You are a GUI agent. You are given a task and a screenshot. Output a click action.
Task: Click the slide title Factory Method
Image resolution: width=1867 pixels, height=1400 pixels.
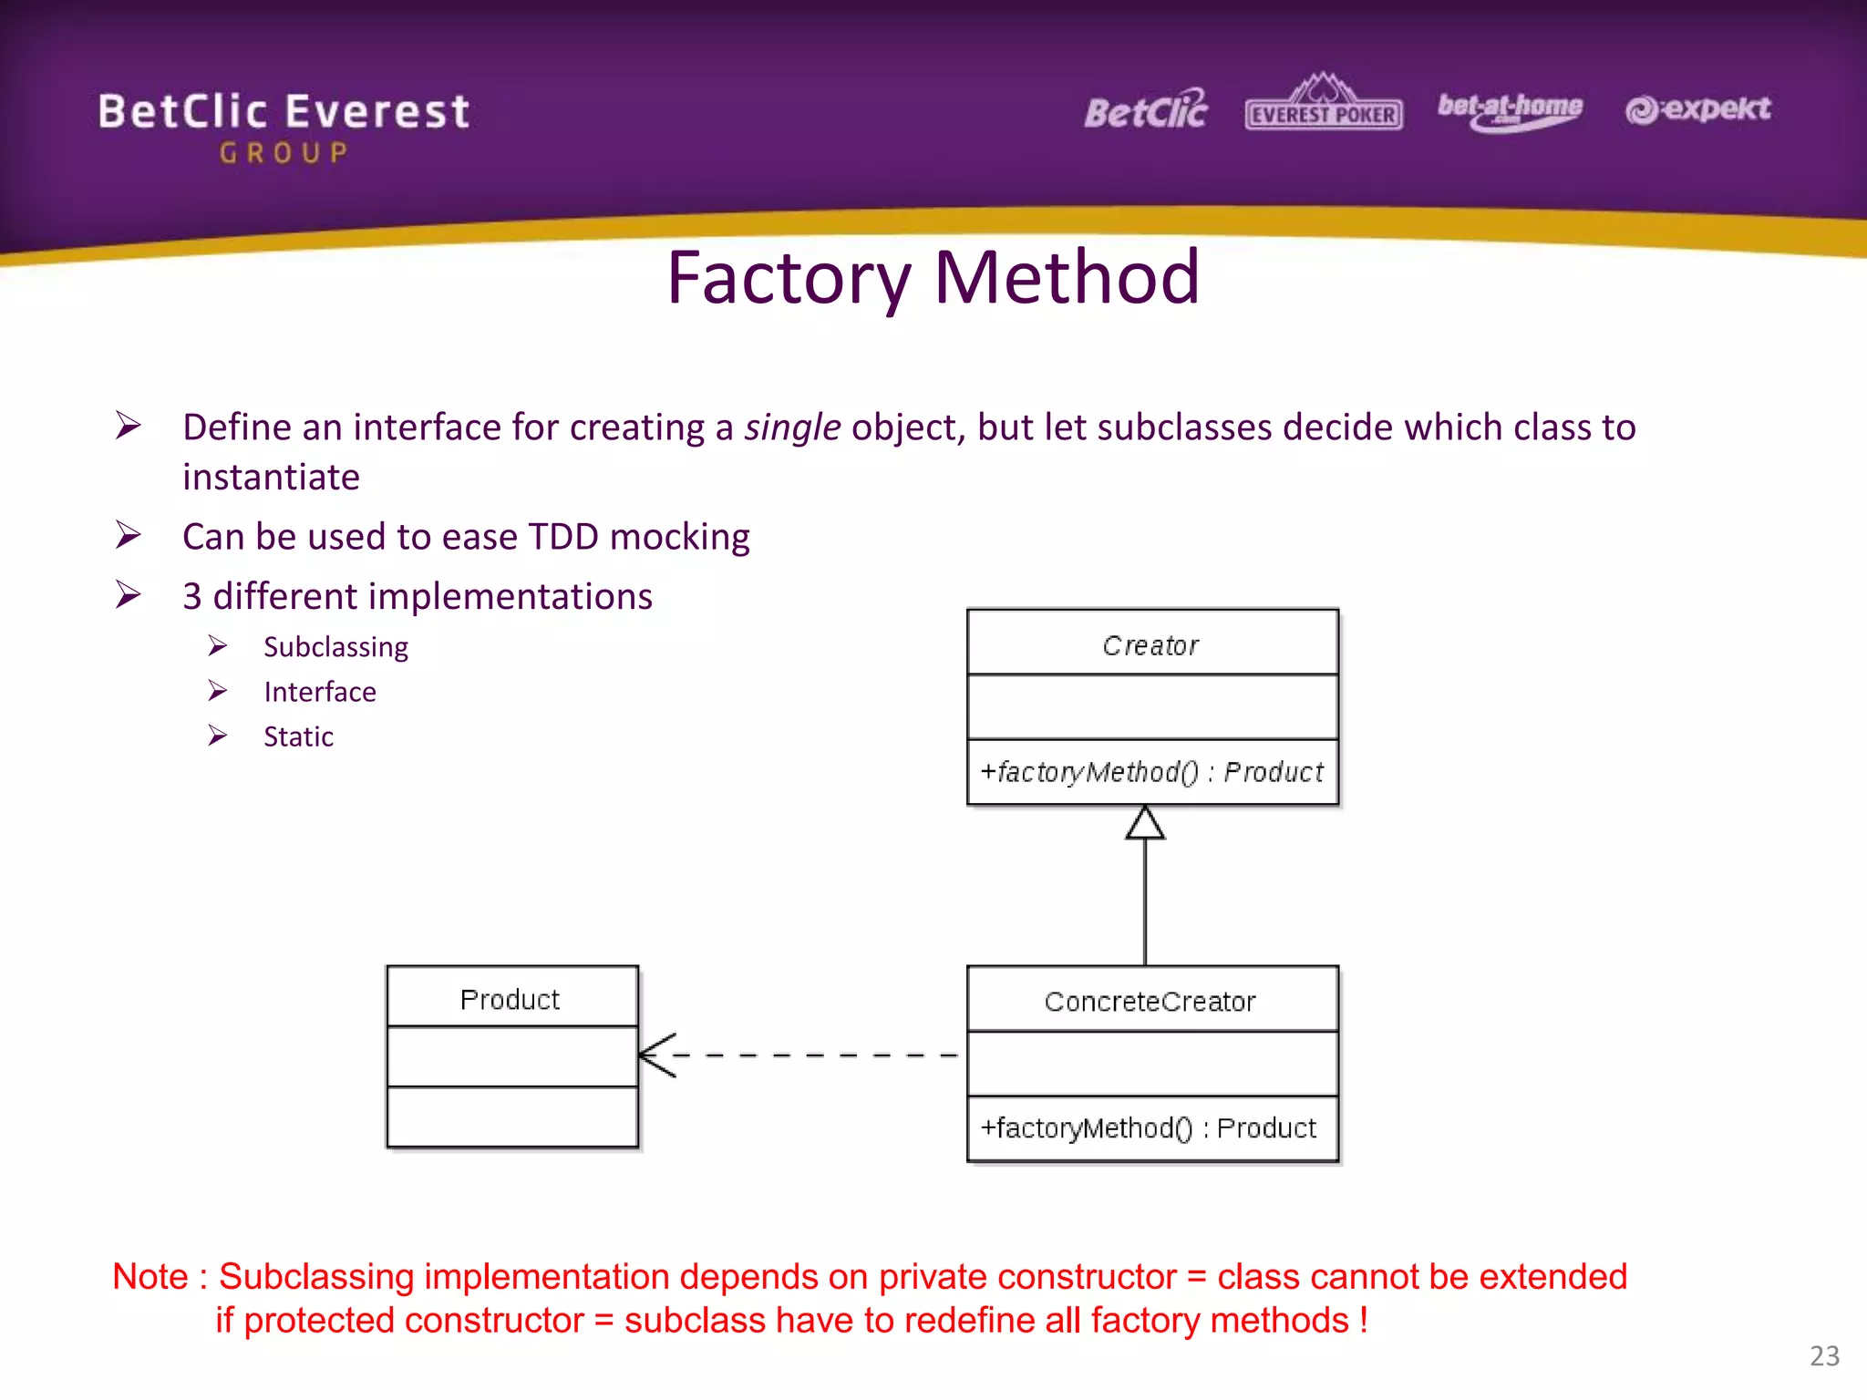933,278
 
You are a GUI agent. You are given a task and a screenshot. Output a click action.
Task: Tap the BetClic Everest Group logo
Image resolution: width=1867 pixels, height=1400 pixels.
284,126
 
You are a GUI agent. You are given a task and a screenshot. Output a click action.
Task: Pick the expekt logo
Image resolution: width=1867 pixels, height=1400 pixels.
1697,109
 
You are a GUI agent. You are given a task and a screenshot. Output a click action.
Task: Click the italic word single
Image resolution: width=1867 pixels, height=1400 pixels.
791,427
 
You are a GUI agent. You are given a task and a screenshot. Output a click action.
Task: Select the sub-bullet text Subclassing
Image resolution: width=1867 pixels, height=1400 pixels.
335,647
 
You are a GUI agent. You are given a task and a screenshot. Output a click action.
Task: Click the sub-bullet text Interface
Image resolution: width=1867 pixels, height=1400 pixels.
319,692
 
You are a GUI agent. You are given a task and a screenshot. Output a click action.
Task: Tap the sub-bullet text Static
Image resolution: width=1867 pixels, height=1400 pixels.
298,736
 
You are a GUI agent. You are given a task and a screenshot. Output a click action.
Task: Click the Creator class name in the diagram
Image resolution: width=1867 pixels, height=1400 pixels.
1150,645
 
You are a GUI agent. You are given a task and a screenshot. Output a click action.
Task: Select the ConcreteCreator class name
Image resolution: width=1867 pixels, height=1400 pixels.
1150,1002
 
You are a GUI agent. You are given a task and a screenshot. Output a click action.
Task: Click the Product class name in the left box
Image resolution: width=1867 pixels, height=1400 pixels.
510,1000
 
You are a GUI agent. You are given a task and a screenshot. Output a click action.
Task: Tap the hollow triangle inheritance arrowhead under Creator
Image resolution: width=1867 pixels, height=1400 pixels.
1145,823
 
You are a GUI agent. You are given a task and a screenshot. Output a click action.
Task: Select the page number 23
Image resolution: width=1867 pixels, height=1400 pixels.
1824,1355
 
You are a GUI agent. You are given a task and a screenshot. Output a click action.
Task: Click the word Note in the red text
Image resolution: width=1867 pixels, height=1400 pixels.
150,1277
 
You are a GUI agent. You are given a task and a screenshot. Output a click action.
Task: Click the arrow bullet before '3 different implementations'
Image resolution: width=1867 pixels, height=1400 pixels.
129,595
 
